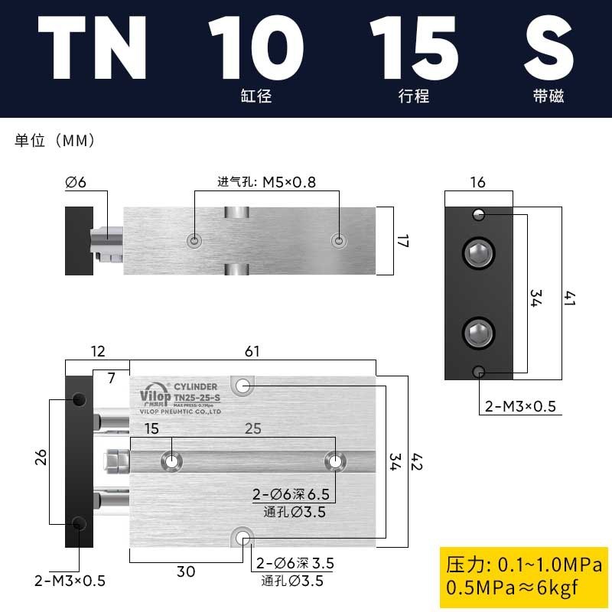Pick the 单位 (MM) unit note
[54, 141]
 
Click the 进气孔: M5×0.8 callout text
[266, 183]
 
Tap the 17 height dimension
[403, 241]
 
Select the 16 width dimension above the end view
[478, 182]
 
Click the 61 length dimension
[252, 351]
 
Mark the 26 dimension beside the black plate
[41, 457]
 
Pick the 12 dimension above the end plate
[98, 351]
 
